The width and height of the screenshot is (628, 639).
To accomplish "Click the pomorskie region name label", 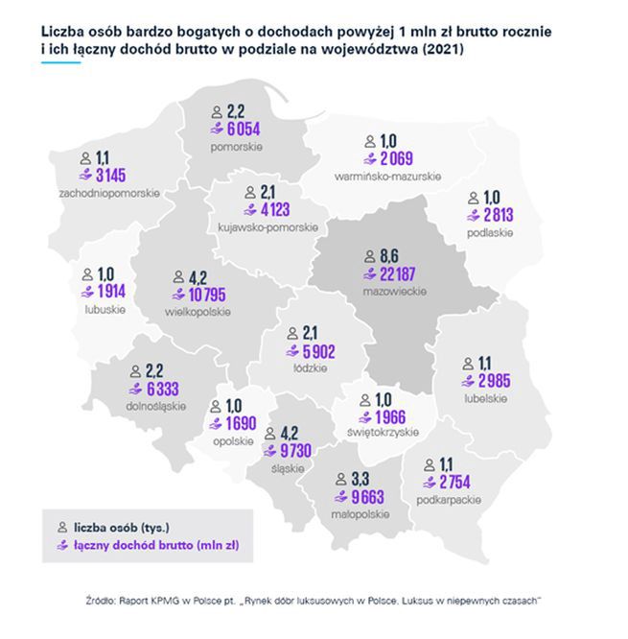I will click(237, 146).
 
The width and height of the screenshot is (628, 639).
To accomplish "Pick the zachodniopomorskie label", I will click(107, 193).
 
